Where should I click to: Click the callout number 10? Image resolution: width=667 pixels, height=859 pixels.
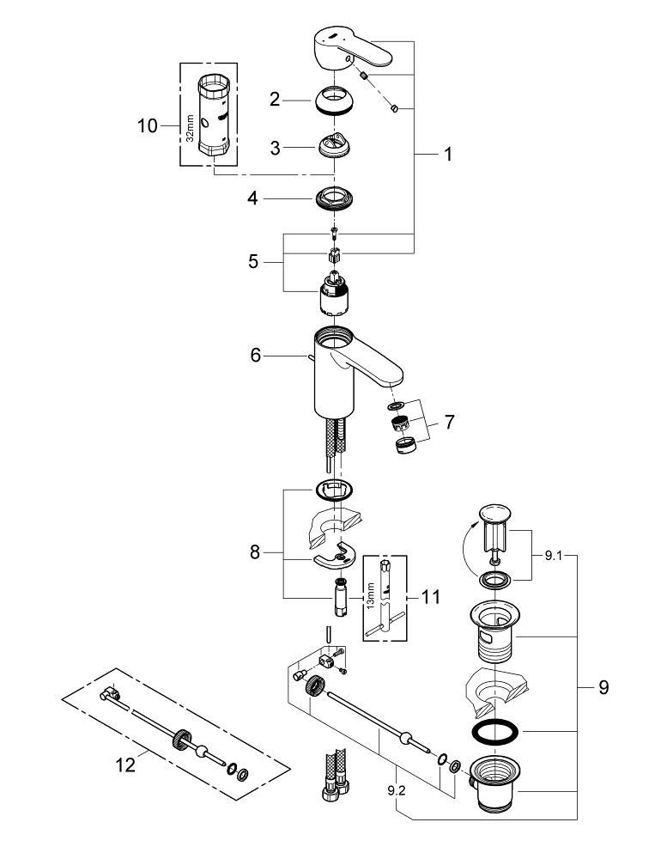147,126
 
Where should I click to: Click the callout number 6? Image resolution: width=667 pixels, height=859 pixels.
255,354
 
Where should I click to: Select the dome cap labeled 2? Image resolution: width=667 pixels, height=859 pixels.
334,101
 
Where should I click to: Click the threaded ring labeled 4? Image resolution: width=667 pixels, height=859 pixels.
334,197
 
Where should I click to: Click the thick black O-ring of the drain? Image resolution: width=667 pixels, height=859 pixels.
494,733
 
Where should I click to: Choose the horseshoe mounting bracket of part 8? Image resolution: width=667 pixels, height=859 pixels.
337,557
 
